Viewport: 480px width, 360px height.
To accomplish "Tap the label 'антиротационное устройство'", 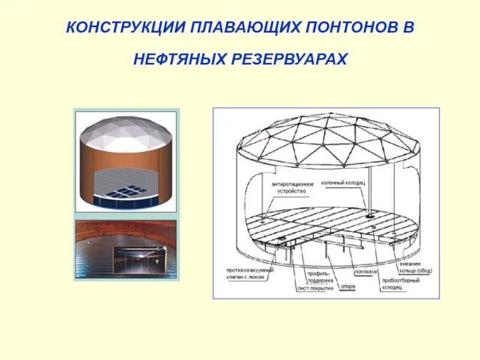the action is click(289, 187).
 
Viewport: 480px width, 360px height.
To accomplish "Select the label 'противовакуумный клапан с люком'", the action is click(246, 274).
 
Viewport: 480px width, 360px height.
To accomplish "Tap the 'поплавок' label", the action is click(366, 271).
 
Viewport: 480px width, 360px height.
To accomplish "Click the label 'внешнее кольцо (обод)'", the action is click(415, 268).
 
